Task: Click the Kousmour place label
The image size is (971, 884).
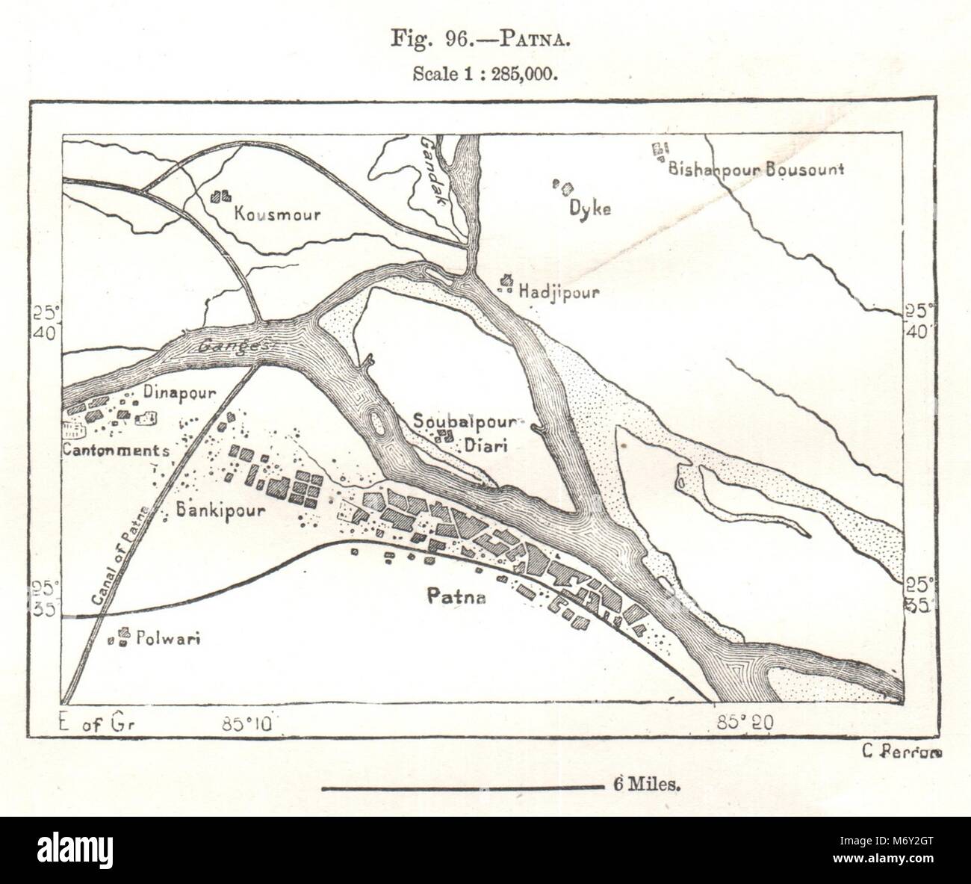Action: [277, 215]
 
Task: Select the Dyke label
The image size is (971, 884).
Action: [590, 208]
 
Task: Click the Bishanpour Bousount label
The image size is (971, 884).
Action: [756, 169]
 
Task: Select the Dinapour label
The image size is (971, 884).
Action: [179, 393]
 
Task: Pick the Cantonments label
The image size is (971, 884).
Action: [116, 451]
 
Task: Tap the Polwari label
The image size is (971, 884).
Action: [168, 639]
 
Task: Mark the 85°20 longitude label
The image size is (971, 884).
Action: [748, 722]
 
